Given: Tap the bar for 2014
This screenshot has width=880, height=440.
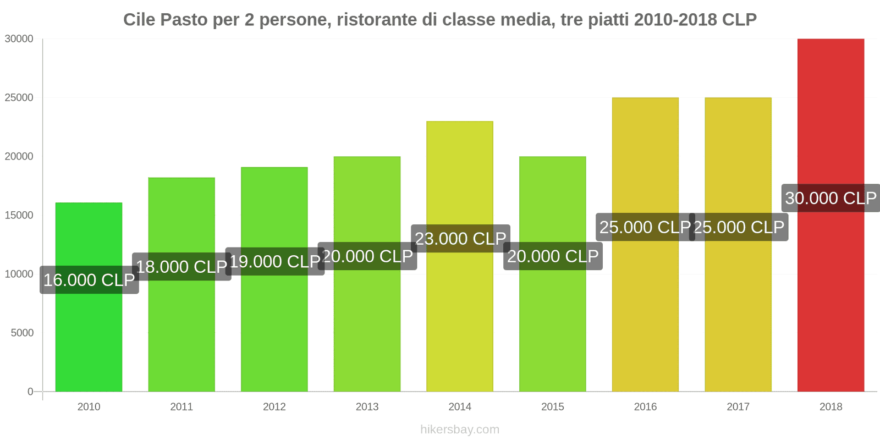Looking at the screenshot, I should click(x=460, y=319).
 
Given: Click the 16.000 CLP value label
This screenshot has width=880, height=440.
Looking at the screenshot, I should click(x=89, y=280).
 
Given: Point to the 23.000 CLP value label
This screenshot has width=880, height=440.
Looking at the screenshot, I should click(x=460, y=239).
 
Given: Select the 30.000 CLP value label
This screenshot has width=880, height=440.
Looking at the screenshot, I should click(x=831, y=198).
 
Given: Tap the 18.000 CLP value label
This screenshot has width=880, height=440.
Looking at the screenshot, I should click(x=182, y=267).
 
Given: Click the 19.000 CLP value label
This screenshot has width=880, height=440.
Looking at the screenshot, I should click(x=275, y=261).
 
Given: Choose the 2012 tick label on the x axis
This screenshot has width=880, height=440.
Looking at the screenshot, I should click(x=274, y=406).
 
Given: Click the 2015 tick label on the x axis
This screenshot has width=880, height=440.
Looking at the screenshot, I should click(x=552, y=406).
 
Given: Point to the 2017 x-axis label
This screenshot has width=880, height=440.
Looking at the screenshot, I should click(x=738, y=406).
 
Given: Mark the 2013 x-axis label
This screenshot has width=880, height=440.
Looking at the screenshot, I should click(x=367, y=406).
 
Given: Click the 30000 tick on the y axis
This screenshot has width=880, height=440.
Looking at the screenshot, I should click(x=19, y=39).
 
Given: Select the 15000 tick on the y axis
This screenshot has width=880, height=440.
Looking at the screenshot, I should click(x=19, y=216).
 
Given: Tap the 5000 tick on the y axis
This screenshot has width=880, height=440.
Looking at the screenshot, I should click(x=22, y=333).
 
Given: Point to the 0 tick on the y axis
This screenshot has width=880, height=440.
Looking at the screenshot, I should click(x=30, y=392).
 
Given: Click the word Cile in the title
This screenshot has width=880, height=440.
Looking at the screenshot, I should click(x=139, y=20).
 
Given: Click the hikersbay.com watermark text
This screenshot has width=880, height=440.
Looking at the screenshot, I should click(x=460, y=430).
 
